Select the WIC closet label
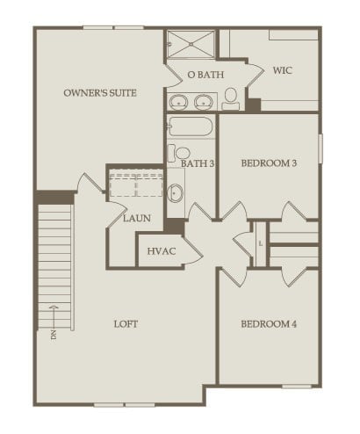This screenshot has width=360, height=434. pyautogui.click(x=283, y=69)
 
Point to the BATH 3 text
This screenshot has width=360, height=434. pyautogui.click(x=198, y=163)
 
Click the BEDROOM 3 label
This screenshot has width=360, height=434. pyautogui.click(x=269, y=163)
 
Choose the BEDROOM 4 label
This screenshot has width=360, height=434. pyautogui.click(x=269, y=324)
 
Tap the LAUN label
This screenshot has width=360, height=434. pyautogui.click(x=135, y=219)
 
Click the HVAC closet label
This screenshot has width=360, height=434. pyautogui.click(x=162, y=251)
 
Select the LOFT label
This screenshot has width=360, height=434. pyautogui.click(x=126, y=324)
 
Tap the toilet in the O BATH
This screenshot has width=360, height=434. pyautogui.click(x=232, y=98)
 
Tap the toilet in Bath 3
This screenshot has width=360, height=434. pyautogui.click(x=181, y=154)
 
